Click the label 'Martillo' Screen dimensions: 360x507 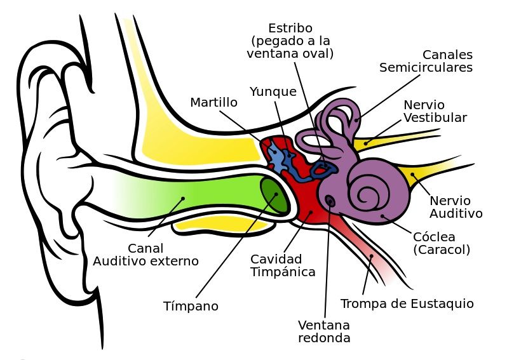[213, 102]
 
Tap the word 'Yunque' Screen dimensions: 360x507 [273, 91]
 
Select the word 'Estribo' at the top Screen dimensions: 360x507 [290, 29]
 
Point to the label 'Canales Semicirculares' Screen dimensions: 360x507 [426, 61]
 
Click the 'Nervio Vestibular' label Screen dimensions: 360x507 [435, 111]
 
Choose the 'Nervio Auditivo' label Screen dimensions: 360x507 [456, 207]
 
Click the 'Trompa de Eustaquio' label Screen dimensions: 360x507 [407, 303]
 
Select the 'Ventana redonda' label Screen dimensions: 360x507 [324, 331]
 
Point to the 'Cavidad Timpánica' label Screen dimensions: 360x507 [283, 265]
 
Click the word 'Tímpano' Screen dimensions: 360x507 [191, 306]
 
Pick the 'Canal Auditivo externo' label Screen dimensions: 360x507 [145, 255]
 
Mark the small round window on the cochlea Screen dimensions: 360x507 [330, 201]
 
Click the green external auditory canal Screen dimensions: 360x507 [191, 194]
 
